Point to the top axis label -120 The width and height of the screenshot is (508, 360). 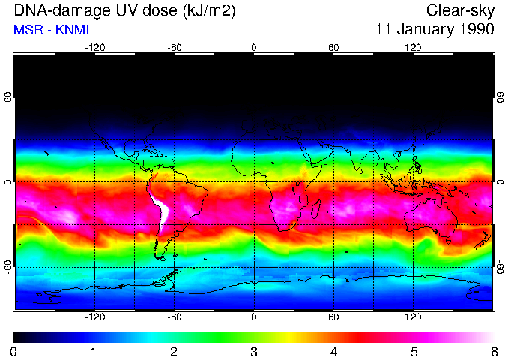pos(94,47)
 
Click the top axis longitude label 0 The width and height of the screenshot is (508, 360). pos(254,47)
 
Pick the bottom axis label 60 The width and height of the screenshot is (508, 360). pos(333,317)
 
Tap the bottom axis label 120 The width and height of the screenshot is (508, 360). pos(413,317)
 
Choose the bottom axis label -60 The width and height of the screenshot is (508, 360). pos(174,317)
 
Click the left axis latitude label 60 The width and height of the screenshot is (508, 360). pos(8,97)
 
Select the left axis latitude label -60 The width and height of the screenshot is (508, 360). pos(8,266)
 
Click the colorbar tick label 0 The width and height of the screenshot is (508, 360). pos(14,351)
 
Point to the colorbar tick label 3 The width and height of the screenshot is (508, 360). pos(253,351)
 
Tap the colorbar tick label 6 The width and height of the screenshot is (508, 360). pos(493,351)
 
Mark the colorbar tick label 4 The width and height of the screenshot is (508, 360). pos(333,351)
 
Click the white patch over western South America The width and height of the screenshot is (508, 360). pos(159,210)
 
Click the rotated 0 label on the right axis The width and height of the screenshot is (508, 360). pos(501,182)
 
